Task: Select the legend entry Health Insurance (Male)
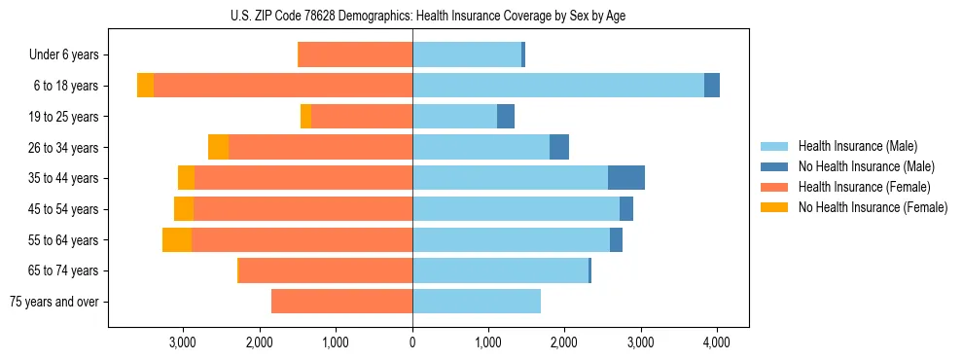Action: click(856, 146)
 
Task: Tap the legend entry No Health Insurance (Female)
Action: click(873, 207)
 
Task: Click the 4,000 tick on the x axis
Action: click(717, 342)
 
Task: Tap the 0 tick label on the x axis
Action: click(412, 342)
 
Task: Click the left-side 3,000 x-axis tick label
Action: click(183, 342)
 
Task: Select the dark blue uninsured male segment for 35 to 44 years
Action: click(626, 178)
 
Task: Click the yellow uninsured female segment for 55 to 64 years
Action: click(177, 240)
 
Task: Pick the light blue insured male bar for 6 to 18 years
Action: click(558, 86)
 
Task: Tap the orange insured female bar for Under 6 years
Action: click(355, 55)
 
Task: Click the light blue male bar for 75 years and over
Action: click(477, 302)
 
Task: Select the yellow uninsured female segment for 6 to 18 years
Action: click(145, 86)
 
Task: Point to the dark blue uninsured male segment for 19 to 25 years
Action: click(506, 117)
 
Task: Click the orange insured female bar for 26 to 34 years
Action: click(321, 148)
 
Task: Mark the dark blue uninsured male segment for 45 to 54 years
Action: click(626, 209)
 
